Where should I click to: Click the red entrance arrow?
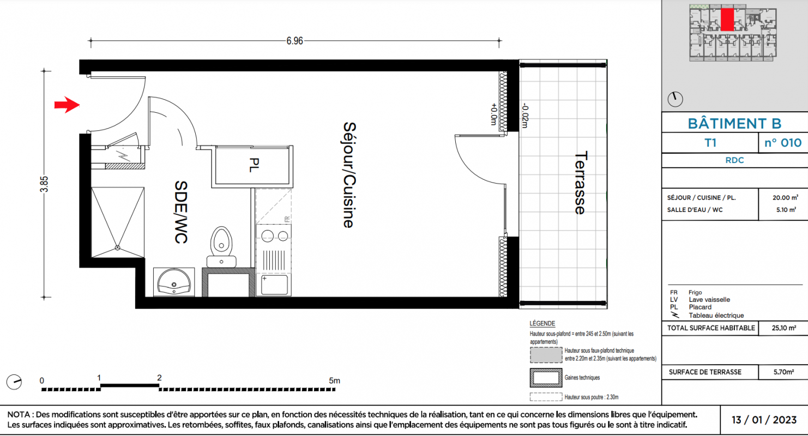point(67,105)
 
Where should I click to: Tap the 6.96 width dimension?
point(295,41)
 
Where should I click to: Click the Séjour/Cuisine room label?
point(349,175)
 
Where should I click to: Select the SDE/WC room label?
point(180,212)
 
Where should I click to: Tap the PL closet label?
point(254,165)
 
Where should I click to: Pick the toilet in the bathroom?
point(221,247)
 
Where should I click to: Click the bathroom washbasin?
point(174,282)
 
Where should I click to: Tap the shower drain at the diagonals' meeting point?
point(118,248)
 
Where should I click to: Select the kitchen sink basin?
point(274,285)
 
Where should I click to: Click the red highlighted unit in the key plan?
point(727,20)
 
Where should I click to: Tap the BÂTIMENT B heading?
point(734,124)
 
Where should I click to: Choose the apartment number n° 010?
point(783,143)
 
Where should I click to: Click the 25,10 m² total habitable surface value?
point(784,328)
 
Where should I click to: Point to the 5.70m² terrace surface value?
point(783,372)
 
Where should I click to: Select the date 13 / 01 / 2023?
point(764,420)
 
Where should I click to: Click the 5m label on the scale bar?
point(334,380)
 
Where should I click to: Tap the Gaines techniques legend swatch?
point(546,378)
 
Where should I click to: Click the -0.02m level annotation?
point(525,116)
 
